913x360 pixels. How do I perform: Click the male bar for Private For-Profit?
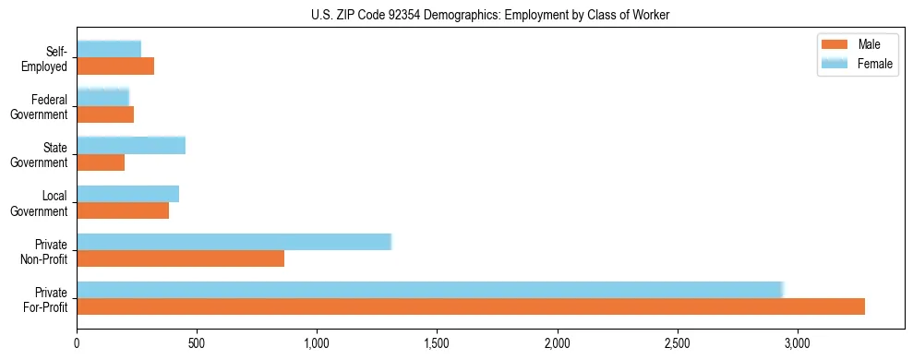click(x=471, y=306)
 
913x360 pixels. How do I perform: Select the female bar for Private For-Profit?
click(x=430, y=290)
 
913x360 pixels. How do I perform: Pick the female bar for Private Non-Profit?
click(x=234, y=242)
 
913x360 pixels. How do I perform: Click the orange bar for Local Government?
click(x=123, y=210)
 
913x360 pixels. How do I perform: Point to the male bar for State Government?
click(x=101, y=162)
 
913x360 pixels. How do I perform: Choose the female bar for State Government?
click(x=131, y=146)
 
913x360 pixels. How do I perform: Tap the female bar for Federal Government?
click(x=102, y=98)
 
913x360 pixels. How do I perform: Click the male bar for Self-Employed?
click(x=115, y=66)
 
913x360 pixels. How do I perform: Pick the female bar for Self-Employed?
click(x=109, y=50)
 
